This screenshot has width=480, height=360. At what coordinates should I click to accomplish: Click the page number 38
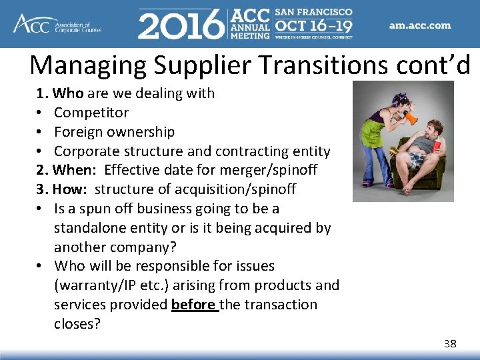point(450,344)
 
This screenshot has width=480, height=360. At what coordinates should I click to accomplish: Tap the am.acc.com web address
point(420,26)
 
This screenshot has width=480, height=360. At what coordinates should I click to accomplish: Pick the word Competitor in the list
point(91,113)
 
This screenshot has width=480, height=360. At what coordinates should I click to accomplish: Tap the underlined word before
point(193,305)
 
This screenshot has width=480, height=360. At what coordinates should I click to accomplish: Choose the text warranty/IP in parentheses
point(93,285)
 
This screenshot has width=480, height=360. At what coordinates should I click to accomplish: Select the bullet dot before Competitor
point(41,113)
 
